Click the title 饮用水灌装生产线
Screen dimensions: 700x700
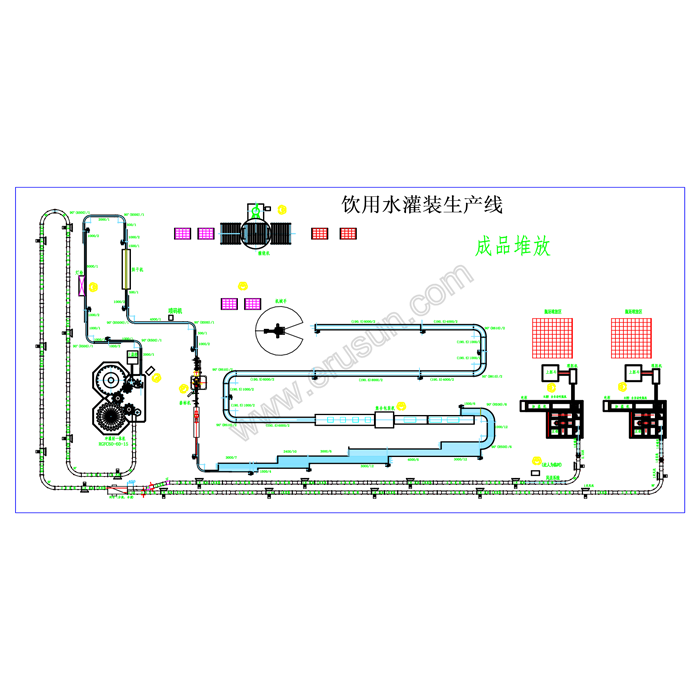pos(421,205)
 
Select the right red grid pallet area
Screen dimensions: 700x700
pos(631,337)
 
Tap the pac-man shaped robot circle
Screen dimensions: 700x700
pos(281,329)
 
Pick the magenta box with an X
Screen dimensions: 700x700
pos(81,285)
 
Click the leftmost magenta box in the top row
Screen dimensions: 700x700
pos(183,233)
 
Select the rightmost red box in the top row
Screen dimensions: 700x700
pos(348,233)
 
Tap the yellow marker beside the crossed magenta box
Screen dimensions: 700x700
pos(93,286)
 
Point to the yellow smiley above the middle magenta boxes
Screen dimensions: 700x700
pos(243,285)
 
